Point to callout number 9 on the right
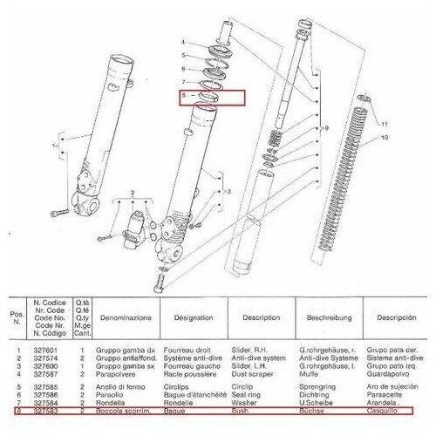pyautogui.click(x=327, y=128)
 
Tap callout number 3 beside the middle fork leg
pyautogui.click(x=228, y=189)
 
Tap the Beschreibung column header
pyautogui.click(x=324, y=318)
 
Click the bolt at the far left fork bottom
pyautogui.click(x=58, y=214)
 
